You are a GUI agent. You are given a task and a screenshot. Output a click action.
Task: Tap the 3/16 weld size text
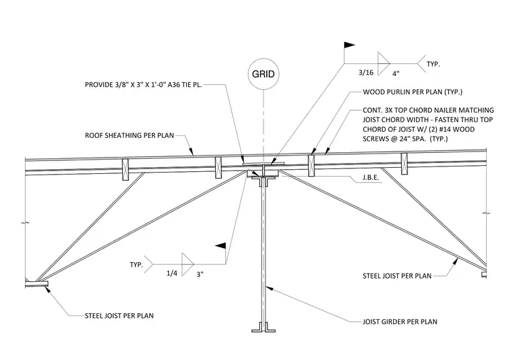pyautogui.click(x=366, y=73)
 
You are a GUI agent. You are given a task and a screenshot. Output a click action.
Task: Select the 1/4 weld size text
pyautogui.click(x=172, y=273)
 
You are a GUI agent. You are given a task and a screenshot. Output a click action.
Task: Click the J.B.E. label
pyautogui.click(x=371, y=177)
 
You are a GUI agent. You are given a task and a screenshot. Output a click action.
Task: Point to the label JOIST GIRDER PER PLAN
pyautogui.click(x=400, y=322)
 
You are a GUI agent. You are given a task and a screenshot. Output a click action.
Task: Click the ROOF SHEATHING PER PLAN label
pyautogui.click(x=129, y=135)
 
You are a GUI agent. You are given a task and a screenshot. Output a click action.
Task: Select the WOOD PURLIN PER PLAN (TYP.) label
pyautogui.click(x=412, y=92)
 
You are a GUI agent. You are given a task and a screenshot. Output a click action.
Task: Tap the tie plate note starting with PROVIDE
pyautogui.click(x=143, y=85)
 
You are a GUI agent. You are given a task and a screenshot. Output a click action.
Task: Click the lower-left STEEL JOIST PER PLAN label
pyautogui.click(x=119, y=316)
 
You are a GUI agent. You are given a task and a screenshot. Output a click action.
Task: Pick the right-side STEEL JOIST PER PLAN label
pyautogui.click(x=397, y=276)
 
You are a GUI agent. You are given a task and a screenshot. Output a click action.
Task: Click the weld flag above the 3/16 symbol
pyautogui.click(x=349, y=45)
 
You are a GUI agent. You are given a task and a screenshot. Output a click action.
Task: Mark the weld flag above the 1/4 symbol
pyautogui.click(x=221, y=246)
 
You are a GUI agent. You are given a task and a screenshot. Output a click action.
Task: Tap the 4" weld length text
pyautogui.click(x=396, y=73)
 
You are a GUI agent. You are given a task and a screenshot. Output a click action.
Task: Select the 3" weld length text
pyautogui.click(x=200, y=274)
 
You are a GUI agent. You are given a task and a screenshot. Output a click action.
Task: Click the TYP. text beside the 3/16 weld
pyautogui.click(x=433, y=65)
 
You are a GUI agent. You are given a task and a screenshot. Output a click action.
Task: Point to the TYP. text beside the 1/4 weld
pyautogui.click(x=136, y=265)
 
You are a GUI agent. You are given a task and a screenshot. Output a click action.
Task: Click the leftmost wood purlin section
pyautogui.click(x=126, y=170)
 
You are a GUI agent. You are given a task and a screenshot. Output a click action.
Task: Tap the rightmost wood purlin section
pyautogui.click(x=404, y=164)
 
